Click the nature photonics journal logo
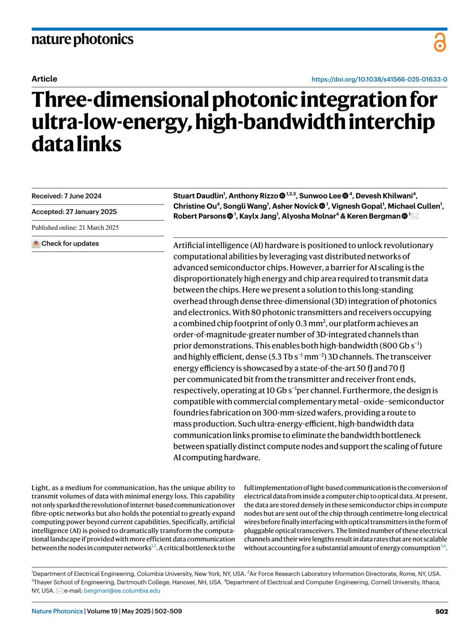[x=82, y=39]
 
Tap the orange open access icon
[x=440, y=42]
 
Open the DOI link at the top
[x=379, y=79]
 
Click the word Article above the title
[x=44, y=79]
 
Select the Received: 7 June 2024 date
[x=66, y=196]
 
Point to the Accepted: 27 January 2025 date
[x=74, y=212]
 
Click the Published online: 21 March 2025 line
[x=75, y=227]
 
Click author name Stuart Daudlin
[x=198, y=196]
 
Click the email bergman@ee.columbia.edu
[x=122, y=591]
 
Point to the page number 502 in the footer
[x=441, y=611]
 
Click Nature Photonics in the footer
[x=57, y=611]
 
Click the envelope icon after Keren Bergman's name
[x=415, y=216]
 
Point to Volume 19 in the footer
[x=102, y=611]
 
